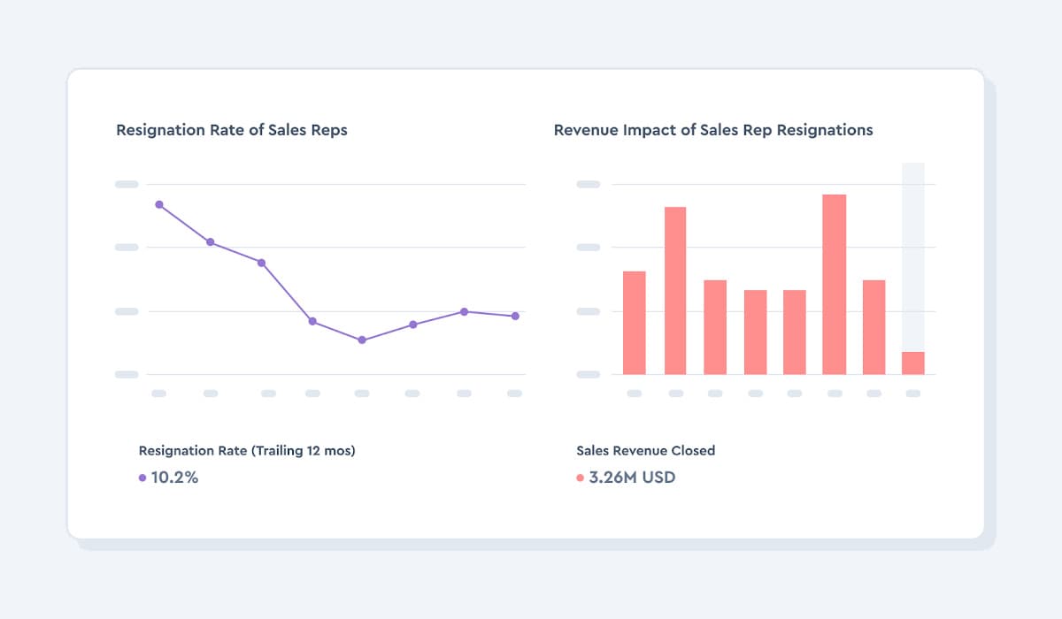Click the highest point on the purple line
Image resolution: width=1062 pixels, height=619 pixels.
[159, 204]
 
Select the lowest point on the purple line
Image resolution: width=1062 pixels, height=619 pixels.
[362, 340]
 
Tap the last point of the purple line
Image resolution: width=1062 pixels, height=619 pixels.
[514, 316]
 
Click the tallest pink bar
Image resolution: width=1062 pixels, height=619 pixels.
[835, 284]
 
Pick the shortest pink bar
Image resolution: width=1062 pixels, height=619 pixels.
[913, 363]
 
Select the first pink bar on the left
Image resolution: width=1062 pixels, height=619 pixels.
[635, 323]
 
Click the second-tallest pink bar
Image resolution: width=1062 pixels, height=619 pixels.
[676, 290]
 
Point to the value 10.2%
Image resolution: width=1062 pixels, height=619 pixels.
[174, 478]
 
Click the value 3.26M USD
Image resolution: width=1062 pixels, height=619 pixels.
[633, 478]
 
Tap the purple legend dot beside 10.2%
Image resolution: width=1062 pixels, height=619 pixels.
[142, 478]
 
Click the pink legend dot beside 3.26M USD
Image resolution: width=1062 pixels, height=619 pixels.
[581, 478]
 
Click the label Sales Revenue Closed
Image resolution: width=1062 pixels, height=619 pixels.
[645, 451]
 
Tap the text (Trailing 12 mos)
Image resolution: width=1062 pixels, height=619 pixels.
[304, 451]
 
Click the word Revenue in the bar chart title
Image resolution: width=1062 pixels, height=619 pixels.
[583, 130]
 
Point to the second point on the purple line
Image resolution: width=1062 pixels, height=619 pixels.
[211, 241]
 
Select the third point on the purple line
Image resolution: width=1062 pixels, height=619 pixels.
[261, 263]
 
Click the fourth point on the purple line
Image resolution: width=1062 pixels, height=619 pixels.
[312, 321]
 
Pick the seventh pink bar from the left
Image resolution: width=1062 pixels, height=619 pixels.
[874, 327]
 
